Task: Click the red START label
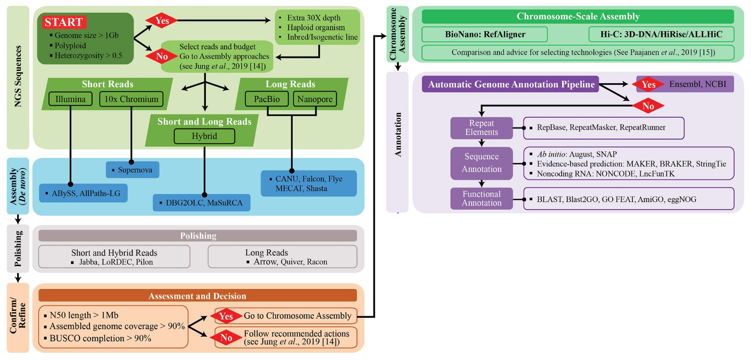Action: pyautogui.click(x=64, y=22)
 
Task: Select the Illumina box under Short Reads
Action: pyautogui.click(x=70, y=99)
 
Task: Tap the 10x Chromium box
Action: pyautogui.click(x=131, y=99)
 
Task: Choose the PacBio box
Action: pyautogui.click(x=267, y=99)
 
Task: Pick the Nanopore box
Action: pyautogui.click(x=315, y=99)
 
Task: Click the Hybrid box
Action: pyautogui.click(x=204, y=136)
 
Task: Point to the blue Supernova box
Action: pyautogui.click(x=133, y=170)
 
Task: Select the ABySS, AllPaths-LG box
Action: pyautogui.click(x=83, y=193)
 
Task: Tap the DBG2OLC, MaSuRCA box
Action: pyautogui.click(x=202, y=203)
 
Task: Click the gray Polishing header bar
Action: pyautogui.click(x=198, y=235)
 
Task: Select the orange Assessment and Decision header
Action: pyautogui.click(x=198, y=296)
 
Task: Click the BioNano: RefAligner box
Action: pyautogui.click(x=485, y=34)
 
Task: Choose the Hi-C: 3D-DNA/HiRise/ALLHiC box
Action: pyautogui.click(x=661, y=34)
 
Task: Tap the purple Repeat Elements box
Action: pyautogui.click(x=481, y=128)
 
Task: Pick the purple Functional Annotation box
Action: pyautogui.click(x=481, y=199)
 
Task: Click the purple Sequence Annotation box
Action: pyautogui.click(x=481, y=163)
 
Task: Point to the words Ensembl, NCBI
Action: pyautogui.click(x=698, y=84)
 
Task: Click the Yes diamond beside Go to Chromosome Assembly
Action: pyautogui.click(x=226, y=316)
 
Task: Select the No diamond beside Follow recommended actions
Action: pyautogui.click(x=226, y=337)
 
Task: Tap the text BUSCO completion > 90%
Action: pyautogui.click(x=100, y=338)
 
